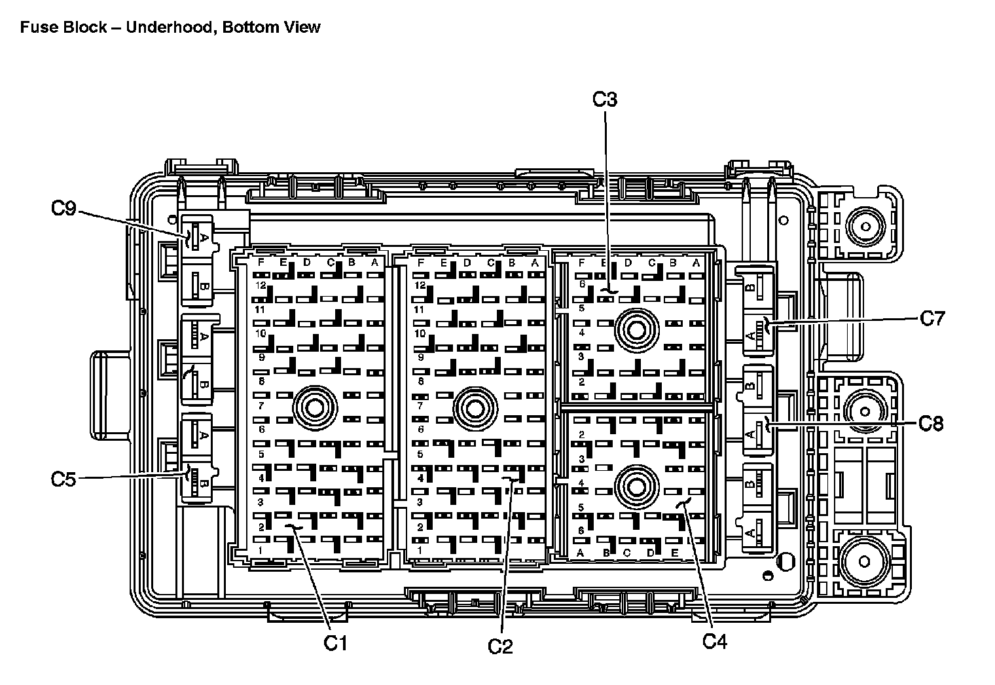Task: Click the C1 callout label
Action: click(335, 643)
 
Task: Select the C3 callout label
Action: click(604, 100)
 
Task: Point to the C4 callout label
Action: click(715, 640)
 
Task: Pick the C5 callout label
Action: click(63, 479)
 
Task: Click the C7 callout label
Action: click(932, 318)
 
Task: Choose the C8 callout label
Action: click(931, 423)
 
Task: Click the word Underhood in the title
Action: click(166, 28)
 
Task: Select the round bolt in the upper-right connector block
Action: click(636, 331)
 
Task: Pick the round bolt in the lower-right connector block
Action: click(635, 487)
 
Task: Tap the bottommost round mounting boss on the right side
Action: click(863, 562)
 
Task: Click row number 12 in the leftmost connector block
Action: click(261, 286)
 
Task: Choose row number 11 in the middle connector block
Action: click(420, 309)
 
